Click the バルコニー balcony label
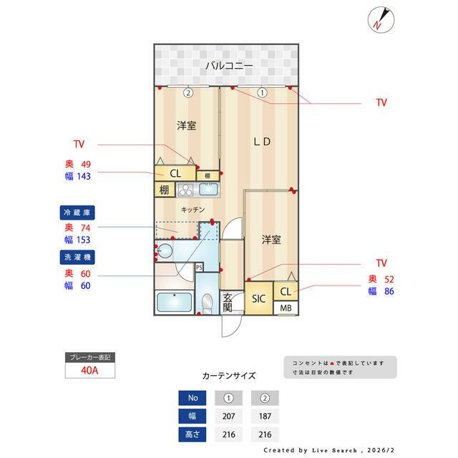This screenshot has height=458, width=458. tap(228, 65)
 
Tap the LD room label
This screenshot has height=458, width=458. tap(262, 142)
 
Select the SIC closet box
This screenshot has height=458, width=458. tap(258, 299)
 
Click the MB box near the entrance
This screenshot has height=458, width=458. tap(286, 308)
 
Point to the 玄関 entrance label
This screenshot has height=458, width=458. tap(228, 303)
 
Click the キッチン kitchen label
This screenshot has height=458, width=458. tap(193, 210)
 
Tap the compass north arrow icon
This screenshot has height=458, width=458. tap(379, 19)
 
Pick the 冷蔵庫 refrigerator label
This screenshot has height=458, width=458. tap(77, 213)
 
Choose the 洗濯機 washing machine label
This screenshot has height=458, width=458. tap(77, 255)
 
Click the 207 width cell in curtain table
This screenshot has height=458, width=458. tap(228, 416)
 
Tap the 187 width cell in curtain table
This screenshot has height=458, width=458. tap(264, 416)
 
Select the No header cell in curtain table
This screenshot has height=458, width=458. tap(192, 398)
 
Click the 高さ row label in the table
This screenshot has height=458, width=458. tap(192, 434)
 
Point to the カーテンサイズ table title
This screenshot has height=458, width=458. tap(229, 375)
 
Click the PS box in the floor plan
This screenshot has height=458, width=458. tap(199, 267)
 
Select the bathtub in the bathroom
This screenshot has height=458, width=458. tap(174, 303)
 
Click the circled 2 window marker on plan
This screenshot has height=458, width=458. tap(187, 92)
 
